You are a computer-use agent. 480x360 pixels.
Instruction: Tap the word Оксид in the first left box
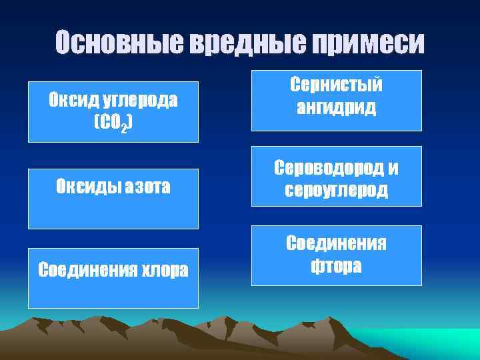(x=73, y=101)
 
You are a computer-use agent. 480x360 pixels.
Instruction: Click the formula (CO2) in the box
(x=113, y=123)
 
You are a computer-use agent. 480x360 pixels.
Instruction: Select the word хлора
(x=160, y=270)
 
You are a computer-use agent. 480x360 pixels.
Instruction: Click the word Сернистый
(x=336, y=85)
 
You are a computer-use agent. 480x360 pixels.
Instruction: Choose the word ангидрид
(x=336, y=107)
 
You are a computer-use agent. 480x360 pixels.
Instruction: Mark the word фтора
(x=336, y=266)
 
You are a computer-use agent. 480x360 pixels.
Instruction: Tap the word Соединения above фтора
(x=336, y=244)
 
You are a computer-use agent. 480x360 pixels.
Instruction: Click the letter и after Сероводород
(x=393, y=169)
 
